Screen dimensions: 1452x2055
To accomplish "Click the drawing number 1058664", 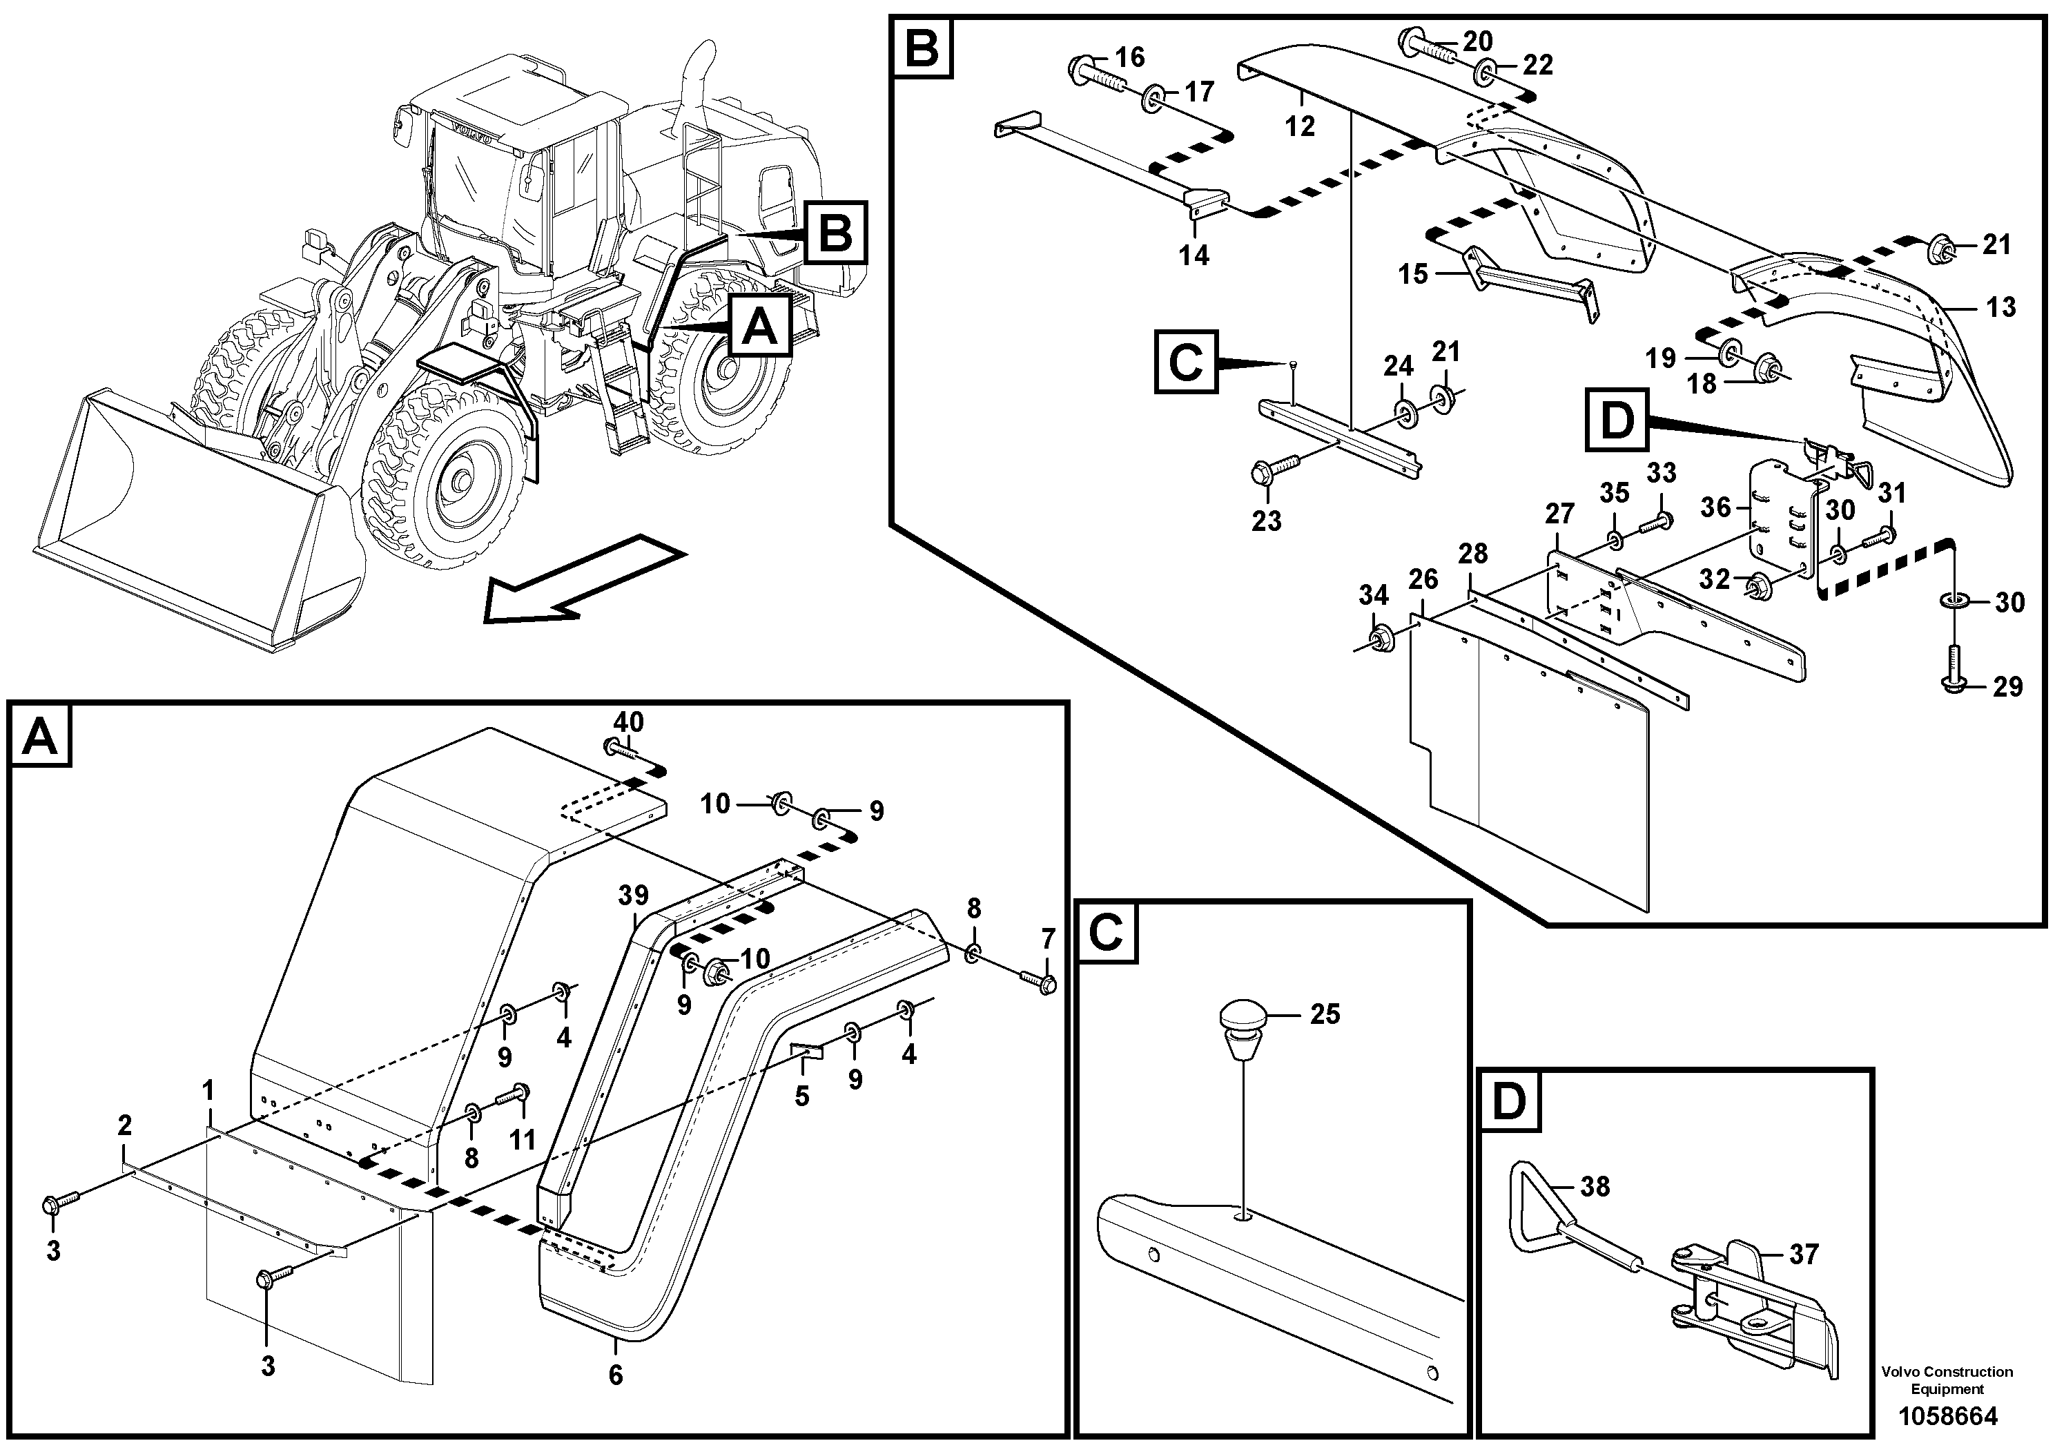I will point(1947,1416).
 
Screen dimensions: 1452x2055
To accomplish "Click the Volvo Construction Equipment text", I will point(1947,1380).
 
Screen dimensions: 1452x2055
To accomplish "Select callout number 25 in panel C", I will point(1325,1014).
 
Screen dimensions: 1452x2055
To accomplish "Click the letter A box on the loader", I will point(761,328).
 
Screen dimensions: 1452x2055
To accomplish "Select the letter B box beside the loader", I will point(835,233).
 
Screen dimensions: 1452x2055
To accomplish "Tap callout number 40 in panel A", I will point(627,722).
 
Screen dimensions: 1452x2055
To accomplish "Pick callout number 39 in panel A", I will point(633,896).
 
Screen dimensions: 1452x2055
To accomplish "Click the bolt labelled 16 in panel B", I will point(1092,72).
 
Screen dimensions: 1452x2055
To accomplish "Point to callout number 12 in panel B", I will point(1300,126).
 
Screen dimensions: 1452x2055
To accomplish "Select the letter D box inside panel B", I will point(1617,420).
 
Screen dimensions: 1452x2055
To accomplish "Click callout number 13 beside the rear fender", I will point(2000,307).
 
